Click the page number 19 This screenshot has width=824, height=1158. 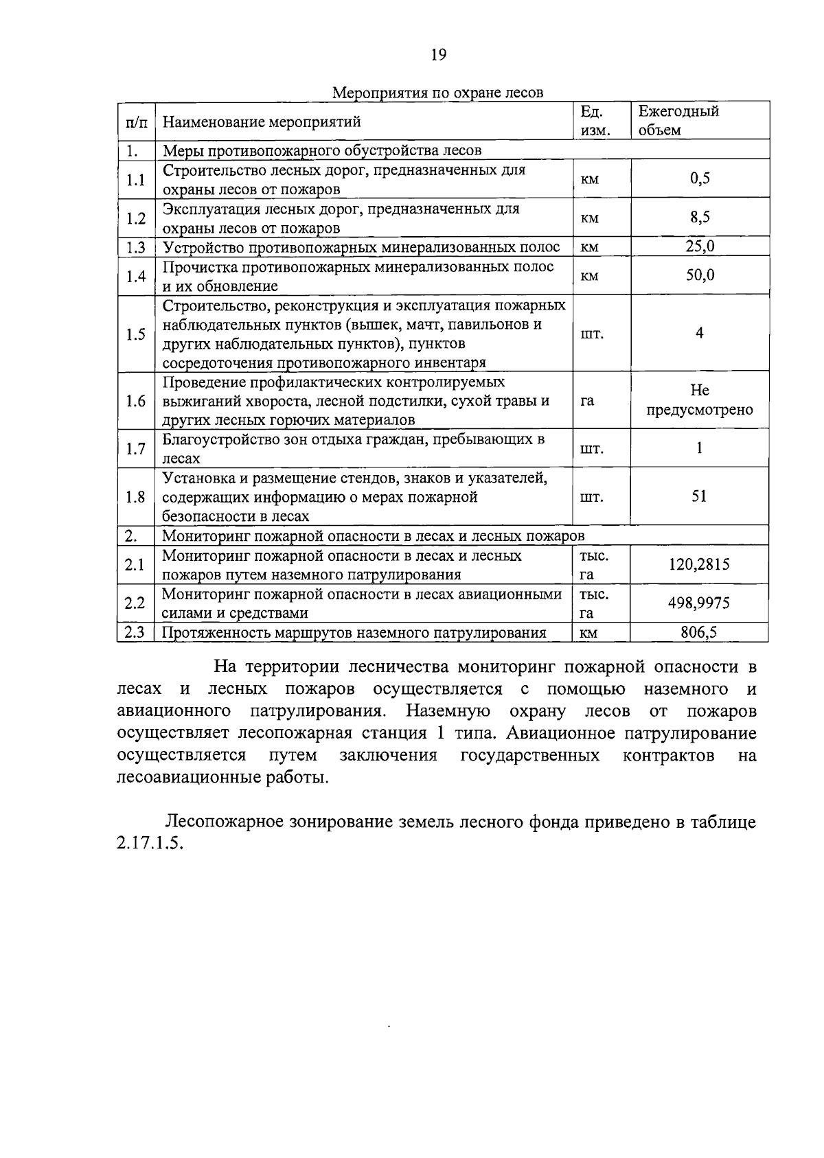439,56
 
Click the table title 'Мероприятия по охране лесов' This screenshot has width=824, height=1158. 438,92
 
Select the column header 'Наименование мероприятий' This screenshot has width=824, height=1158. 262,122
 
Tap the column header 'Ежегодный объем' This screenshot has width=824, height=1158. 678,120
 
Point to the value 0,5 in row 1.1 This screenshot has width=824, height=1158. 700,179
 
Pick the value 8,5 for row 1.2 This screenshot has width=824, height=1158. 700,218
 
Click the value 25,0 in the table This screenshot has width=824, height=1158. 700,246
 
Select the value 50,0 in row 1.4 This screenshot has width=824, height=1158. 700,275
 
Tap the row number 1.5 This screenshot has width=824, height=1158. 136,334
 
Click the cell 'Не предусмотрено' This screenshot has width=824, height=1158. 699,400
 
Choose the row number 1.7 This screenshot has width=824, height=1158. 136,449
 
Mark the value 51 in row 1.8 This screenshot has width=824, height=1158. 699,496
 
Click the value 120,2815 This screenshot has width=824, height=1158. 699,564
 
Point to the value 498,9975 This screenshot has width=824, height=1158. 699,603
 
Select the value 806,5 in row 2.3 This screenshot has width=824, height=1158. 699,632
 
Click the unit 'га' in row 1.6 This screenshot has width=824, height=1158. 587,401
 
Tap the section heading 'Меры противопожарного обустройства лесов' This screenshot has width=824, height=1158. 321,150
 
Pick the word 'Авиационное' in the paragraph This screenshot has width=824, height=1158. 563,733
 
